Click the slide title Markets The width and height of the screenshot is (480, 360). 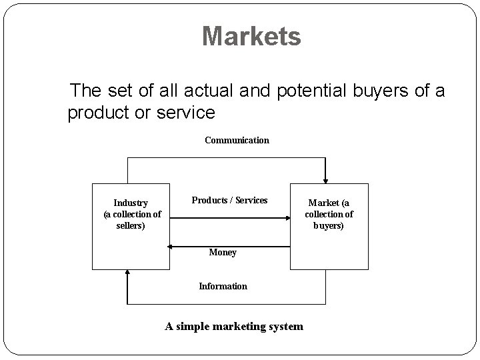251,37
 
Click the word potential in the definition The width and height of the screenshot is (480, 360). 313,90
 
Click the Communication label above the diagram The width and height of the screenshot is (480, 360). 237,140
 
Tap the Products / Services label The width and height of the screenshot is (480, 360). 229,200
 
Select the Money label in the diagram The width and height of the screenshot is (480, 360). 223,253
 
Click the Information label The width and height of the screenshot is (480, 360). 223,286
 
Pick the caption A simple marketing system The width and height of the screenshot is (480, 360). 234,326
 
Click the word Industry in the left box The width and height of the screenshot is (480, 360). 131,203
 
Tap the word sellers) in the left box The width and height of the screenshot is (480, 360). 131,225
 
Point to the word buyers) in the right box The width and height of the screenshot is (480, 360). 329,225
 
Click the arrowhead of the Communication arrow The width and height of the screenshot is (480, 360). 325,179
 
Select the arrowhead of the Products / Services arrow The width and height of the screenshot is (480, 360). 287,216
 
